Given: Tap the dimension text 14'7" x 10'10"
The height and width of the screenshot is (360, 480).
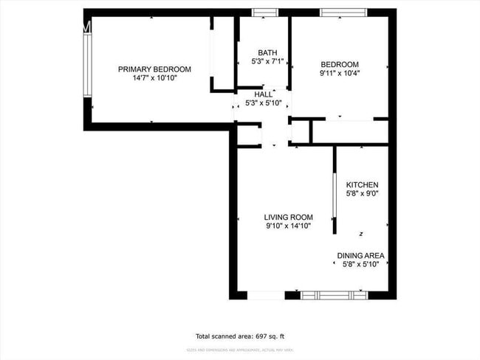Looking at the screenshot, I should click(154, 77).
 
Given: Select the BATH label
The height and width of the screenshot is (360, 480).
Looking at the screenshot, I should click(267, 52).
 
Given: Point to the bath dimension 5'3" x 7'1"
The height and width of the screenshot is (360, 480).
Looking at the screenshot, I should click(267, 61).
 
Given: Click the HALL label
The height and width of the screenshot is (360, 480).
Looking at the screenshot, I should click(264, 94).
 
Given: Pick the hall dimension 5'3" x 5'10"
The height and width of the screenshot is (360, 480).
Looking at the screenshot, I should click(264, 103).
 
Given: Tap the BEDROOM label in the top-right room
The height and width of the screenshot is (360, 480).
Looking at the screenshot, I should click(340, 64).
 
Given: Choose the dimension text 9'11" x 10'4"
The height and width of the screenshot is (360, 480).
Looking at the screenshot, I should click(340, 73).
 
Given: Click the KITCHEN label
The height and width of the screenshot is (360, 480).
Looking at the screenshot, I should click(363, 184).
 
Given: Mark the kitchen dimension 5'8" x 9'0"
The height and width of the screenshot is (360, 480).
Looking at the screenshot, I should click(363, 193).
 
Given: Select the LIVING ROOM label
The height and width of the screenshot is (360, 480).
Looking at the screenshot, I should click(289, 217).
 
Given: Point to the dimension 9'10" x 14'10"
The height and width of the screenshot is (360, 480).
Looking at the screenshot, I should click(289, 226).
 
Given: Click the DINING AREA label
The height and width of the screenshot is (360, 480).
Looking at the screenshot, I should click(361, 256).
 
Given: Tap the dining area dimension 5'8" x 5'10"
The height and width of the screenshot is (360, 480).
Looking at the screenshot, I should click(361, 264).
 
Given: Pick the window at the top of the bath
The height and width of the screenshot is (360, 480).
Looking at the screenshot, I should click(265, 13).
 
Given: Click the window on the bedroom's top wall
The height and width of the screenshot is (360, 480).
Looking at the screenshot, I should click(343, 13).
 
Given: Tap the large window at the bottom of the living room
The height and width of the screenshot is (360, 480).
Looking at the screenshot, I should click(334, 294).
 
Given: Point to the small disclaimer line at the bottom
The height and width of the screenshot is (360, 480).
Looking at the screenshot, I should click(240, 349).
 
